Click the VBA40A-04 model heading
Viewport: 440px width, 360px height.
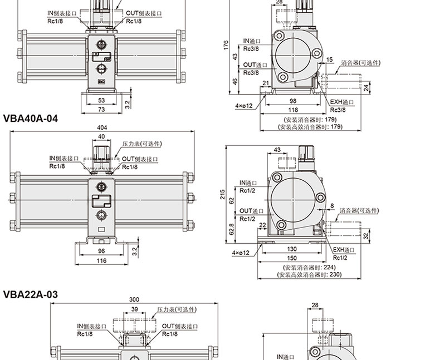(31, 119)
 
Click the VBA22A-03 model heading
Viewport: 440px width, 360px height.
(31, 294)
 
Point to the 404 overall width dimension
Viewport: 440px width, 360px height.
(102, 127)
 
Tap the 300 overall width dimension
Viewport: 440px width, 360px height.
(134, 299)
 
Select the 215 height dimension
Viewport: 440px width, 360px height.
(223, 195)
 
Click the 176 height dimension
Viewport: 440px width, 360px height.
(226, 46)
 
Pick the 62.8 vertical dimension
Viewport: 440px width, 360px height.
(232, 229)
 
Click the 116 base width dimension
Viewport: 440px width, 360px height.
(101, 261)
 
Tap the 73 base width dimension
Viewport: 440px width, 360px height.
(101, 110)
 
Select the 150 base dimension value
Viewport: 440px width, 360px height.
(292, 258)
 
